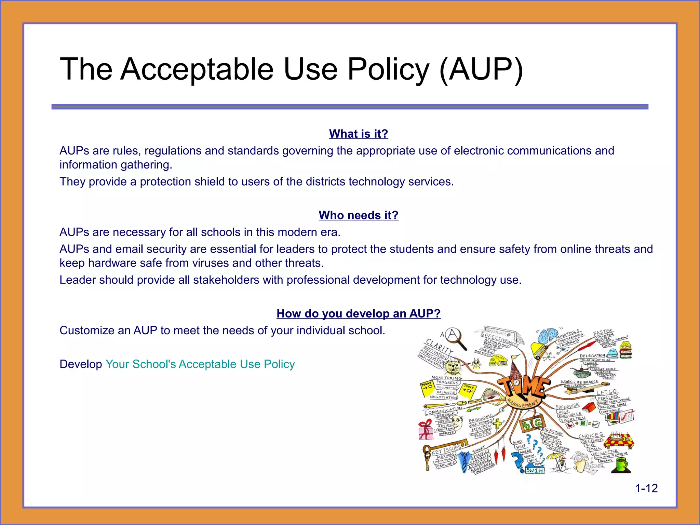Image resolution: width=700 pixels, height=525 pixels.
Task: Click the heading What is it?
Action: [x=359, y=134]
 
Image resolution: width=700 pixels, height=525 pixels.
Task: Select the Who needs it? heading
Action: [x=359, y=215]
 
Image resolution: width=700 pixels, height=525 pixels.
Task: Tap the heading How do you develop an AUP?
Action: [x=359, y=313]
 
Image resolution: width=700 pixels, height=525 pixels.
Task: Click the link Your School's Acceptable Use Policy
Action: [x=200, y=364]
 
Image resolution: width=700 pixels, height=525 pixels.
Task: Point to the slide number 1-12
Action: [x=646, y=488]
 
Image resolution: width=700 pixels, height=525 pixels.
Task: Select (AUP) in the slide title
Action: [x=481, y=69]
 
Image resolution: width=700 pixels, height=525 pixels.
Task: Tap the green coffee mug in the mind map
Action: [x=622, y=465]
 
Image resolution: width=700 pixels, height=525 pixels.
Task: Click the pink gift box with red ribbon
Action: [x=426, y=430]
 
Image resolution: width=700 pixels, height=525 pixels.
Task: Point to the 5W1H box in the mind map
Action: [x=535, y=470]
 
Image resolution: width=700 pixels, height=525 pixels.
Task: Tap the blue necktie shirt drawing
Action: [x=464, y=461]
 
